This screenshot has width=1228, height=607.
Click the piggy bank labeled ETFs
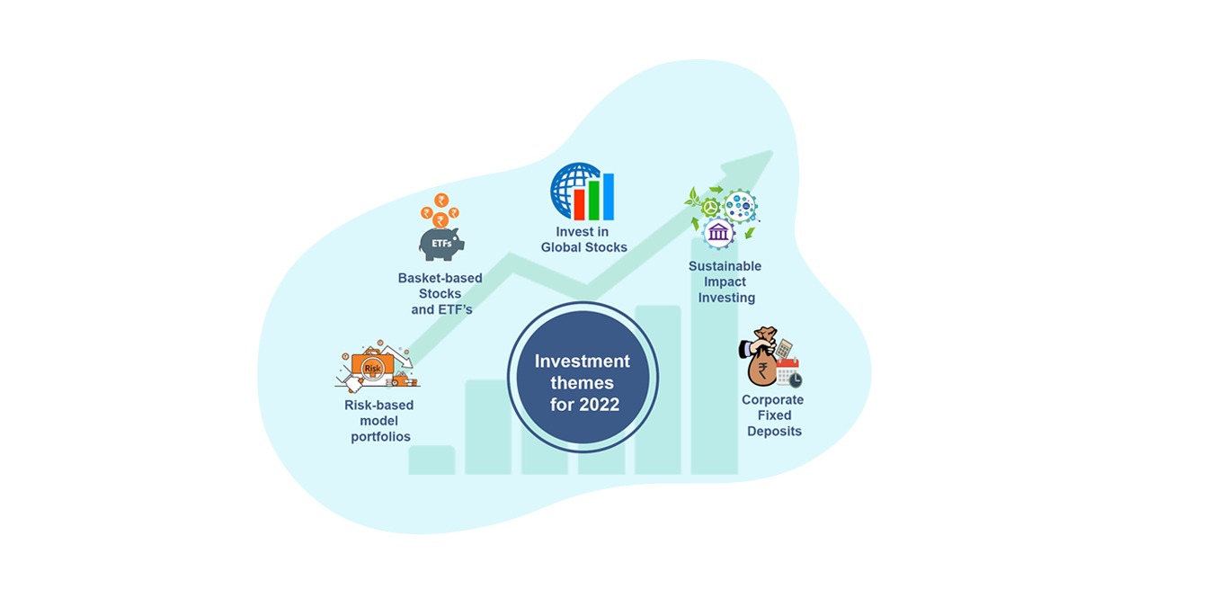pos(441,243)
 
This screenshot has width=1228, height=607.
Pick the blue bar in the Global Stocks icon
pos(608,197)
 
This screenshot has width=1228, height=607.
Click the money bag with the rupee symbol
pos(761,362)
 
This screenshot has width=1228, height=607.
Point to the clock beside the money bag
pos(794,379)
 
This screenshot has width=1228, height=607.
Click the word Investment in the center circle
pos(583,362)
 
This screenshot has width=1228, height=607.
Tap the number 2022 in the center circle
pos(600,405)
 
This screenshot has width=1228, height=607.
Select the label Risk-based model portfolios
pos(379,421)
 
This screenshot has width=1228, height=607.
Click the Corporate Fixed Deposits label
pos(773,415)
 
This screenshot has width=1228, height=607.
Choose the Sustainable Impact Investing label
pos(725,281)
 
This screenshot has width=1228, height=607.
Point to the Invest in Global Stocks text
pos(583,240)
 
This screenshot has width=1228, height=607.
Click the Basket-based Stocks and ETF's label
pos(440,293)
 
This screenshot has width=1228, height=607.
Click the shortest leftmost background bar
pos(432,460)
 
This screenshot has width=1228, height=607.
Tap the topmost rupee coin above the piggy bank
pos(441,201)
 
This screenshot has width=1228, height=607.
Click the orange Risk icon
pos(372,367)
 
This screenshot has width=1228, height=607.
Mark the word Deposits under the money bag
pos(773,432)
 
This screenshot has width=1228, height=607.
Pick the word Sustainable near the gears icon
pos(725,266)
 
